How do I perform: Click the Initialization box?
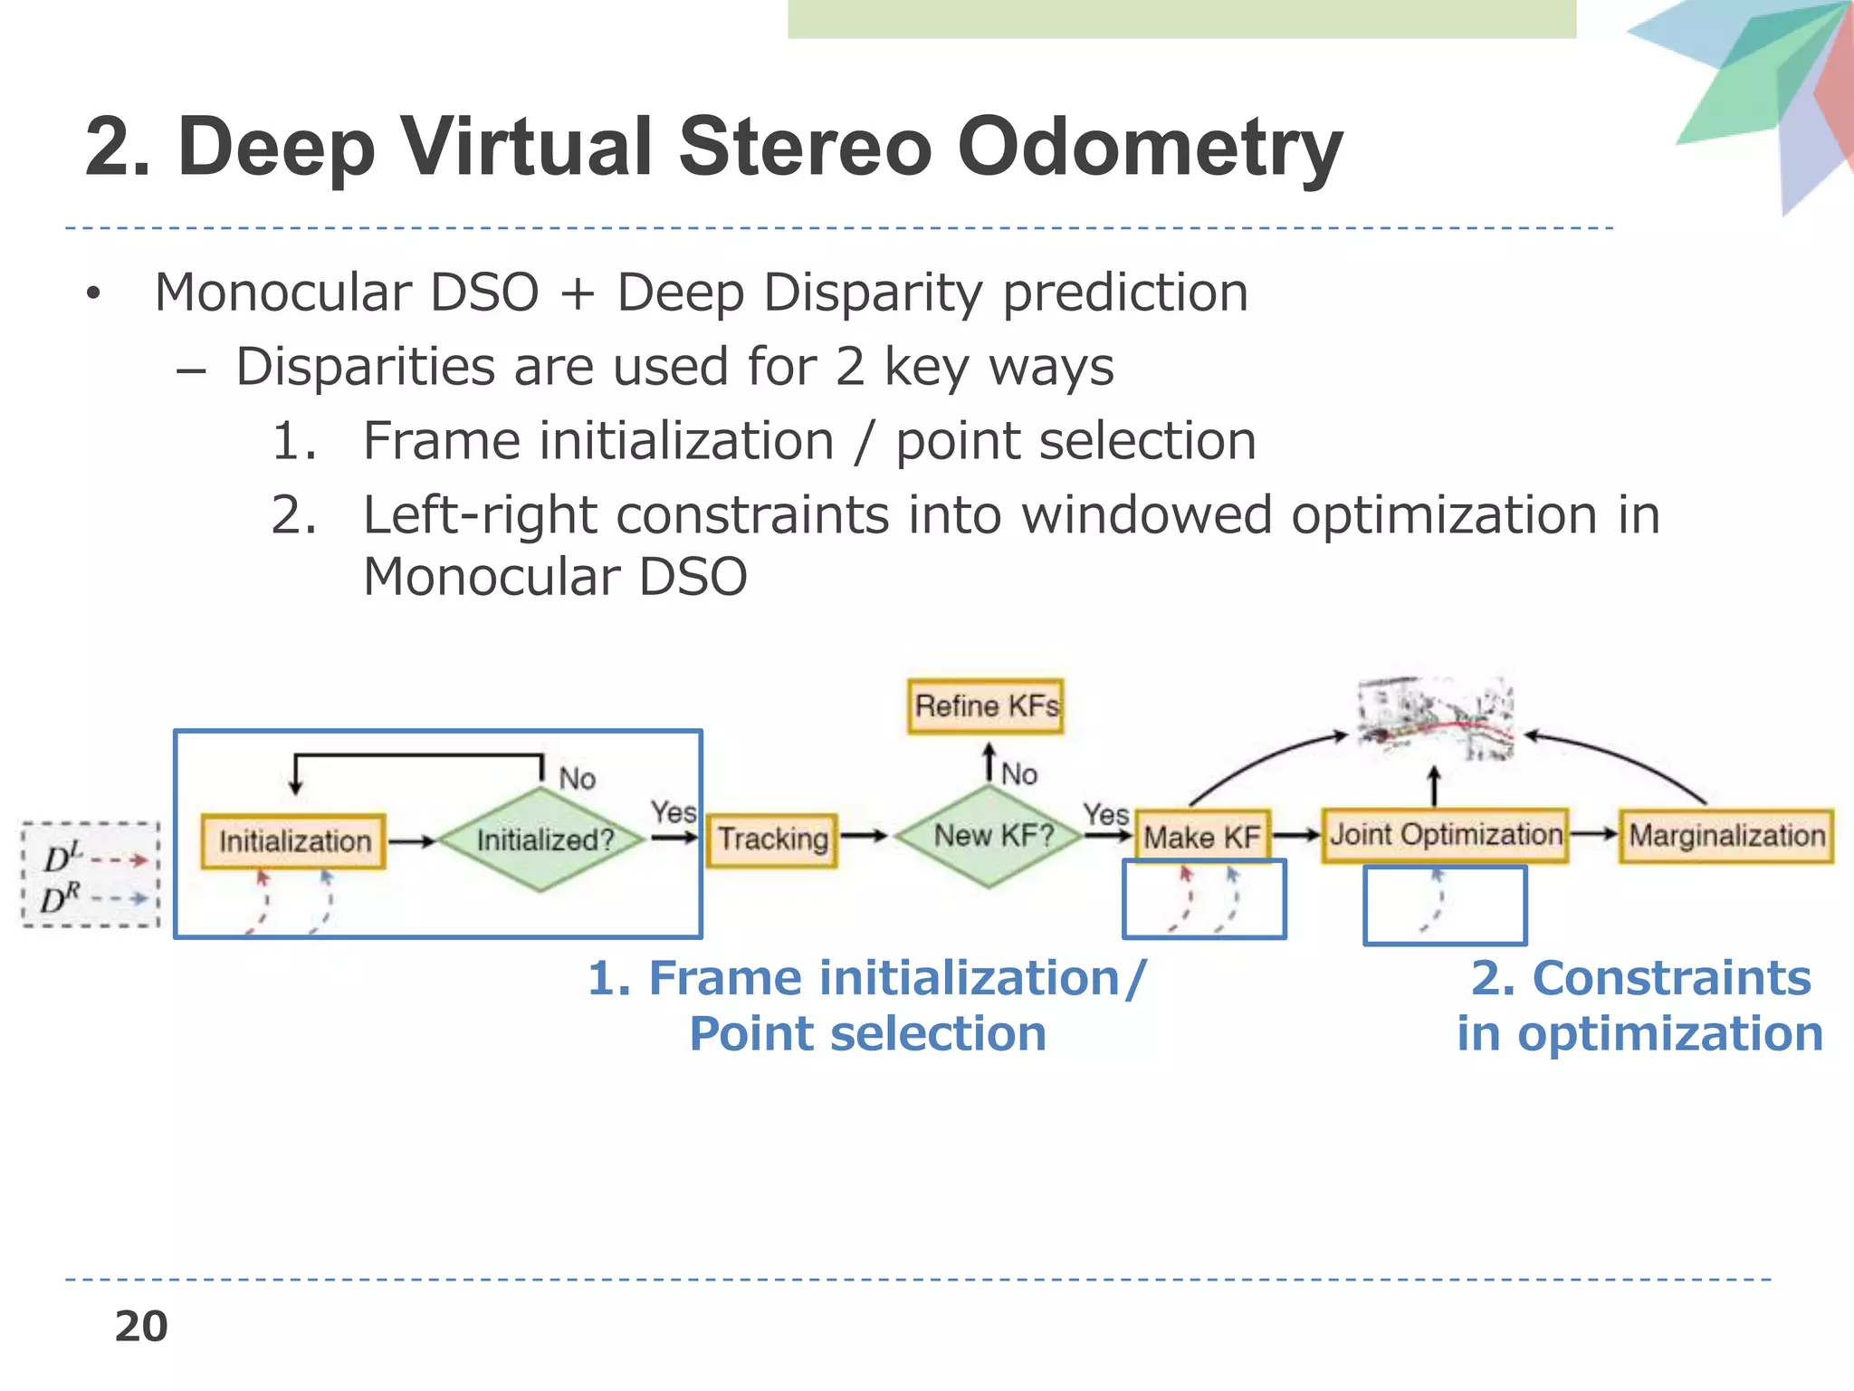(293, 841)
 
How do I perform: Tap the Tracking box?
(771, 839)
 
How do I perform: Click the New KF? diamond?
(990, 836)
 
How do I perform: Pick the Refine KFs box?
(985, 706)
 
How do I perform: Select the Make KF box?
(1202, 836)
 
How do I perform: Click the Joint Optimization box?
(1445, 834)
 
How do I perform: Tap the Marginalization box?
(1726, 835)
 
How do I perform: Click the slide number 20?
(141, 1327)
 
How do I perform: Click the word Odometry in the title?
(1150, 147)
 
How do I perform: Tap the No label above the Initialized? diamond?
(577, 779)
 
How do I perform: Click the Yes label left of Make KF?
(1106, 814)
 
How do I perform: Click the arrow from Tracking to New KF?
(864, 836)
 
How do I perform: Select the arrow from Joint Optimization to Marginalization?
(1593, 834)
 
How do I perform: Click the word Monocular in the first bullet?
(283, 293)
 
